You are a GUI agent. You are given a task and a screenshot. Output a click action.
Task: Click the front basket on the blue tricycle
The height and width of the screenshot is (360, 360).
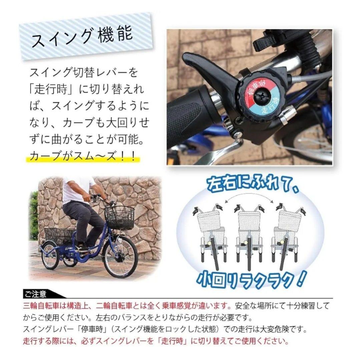[x=119, y=217]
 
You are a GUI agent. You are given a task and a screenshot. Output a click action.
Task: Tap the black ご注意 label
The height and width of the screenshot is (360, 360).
[x=37, y=294]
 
